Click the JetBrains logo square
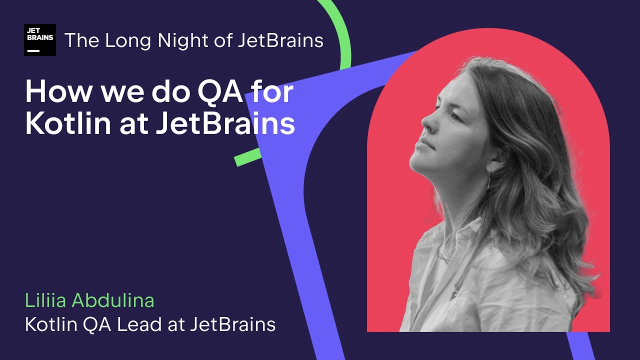click(x=39, y=39)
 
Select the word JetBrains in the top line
click(x=280, y=40)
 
